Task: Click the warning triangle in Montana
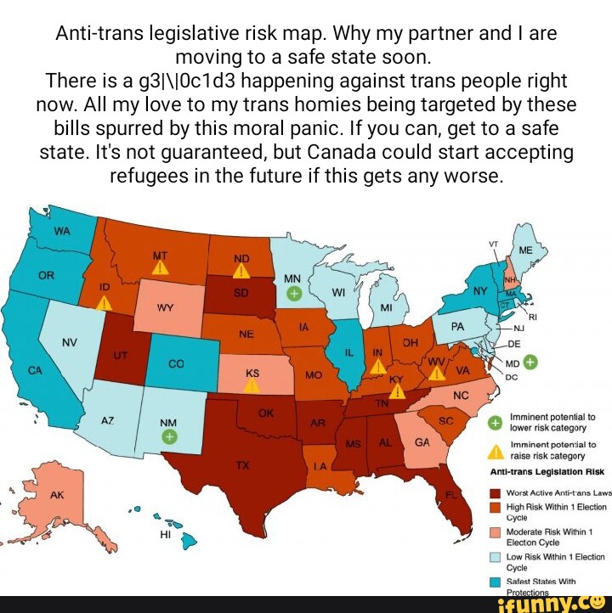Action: (159, 267)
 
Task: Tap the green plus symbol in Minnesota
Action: (293, 293)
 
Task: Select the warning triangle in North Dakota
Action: (241, 270)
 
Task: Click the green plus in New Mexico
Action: (170, 436)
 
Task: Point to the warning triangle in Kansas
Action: (252, 385)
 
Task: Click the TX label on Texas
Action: (243, 465)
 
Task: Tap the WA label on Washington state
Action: (62, 231)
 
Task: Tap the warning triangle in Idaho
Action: (103, 302)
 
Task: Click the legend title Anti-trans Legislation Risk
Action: (547, 472)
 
